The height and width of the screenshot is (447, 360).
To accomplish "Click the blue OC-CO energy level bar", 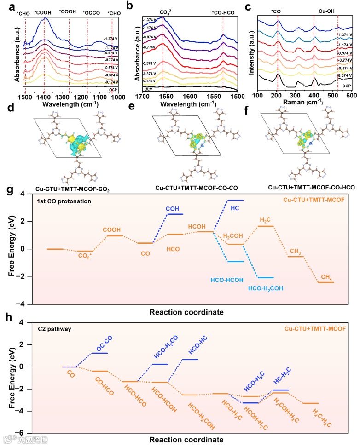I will point(99,353).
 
